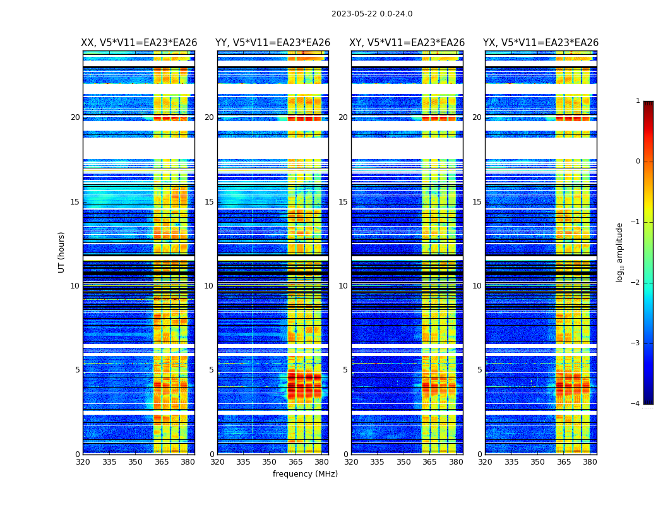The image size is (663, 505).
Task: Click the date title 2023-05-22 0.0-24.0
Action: tap(372, 14)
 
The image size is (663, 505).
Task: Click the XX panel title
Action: tap(139, 43)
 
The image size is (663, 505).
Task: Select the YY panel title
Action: tap(273, 43)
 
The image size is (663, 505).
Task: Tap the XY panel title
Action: tap(407, 43)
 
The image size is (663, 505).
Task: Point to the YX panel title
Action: tap(541, 43)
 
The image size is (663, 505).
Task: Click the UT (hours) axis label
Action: tap(62, 252)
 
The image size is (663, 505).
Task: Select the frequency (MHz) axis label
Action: tap(305, 474)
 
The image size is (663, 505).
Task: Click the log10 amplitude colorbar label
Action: tap(620, 252)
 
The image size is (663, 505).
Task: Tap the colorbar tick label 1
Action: tap(638, 101)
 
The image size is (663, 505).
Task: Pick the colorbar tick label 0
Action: tap(638, 162)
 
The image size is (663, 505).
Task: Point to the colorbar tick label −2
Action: tap(636, 283)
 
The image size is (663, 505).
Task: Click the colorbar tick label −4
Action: tap(636, 404)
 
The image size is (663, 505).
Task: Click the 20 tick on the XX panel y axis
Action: tap(75, 117)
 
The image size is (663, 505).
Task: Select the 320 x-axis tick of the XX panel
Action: tap(83, 462)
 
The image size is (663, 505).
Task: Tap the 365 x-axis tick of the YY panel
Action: tap(296, 462)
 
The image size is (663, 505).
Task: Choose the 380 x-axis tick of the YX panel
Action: tap(590, 462)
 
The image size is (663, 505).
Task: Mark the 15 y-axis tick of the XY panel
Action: tap(343, 202)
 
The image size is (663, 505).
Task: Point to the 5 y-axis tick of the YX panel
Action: tap(480, 370)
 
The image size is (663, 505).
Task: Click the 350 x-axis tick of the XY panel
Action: tap(403, 462)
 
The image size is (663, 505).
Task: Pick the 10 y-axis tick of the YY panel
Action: tap(209, 286)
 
